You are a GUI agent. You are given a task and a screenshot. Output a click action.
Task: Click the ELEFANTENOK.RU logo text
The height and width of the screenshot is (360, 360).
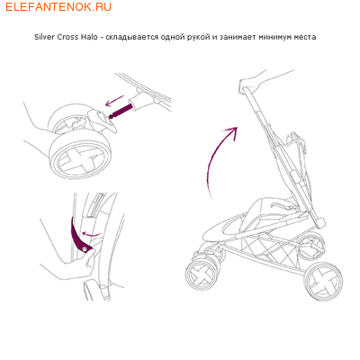point(58,6)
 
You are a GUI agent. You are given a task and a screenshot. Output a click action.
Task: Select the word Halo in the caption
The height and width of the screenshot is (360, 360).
point(89,37)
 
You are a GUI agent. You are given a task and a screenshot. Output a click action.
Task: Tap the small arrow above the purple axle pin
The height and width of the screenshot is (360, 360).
point(114,100)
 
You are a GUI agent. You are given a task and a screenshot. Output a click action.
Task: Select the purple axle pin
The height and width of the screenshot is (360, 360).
point(121,110)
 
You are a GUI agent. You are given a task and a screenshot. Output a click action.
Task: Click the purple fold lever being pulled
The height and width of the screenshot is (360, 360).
point(78,237)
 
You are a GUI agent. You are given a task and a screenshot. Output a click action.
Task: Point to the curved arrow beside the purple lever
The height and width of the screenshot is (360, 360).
point(92,233)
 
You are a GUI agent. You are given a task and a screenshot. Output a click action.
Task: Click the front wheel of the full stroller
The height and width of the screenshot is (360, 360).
point(201,274)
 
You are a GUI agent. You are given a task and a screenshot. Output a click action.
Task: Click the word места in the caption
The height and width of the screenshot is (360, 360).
point(304,37)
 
